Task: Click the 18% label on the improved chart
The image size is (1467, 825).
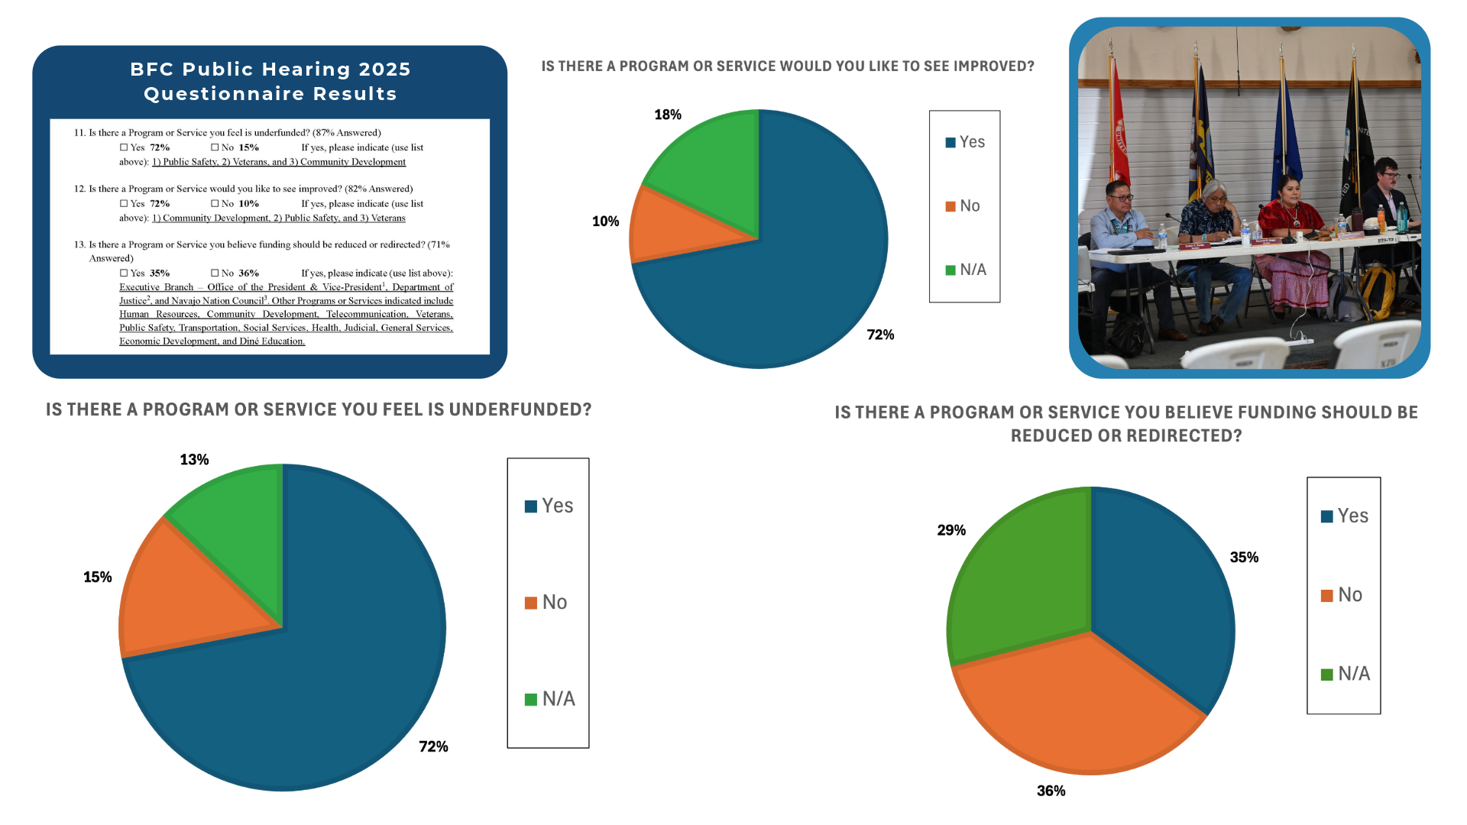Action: point(667,115)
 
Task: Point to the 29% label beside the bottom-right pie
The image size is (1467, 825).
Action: point(951,530)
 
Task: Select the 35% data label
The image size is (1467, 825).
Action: point(1244,558)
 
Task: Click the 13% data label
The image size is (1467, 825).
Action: point(194,460)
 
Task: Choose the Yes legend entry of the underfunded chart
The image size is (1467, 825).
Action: point(549,506)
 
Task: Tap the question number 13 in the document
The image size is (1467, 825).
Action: point(79,245)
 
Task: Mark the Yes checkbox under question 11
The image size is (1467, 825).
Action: point(124,147)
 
